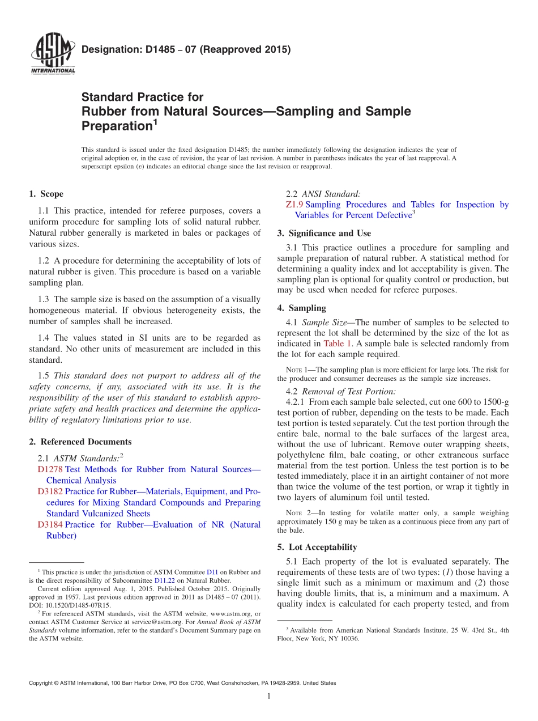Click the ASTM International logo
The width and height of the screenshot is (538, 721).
[52, 54]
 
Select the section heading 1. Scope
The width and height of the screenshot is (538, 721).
[46, 194]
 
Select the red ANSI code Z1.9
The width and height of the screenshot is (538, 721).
[295, 205]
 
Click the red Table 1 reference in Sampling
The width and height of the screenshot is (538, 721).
[338, 343]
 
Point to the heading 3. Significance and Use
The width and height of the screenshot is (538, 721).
[324, 233]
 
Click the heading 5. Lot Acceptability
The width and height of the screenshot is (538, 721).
[317, 547]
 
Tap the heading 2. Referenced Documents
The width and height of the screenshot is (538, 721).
[80, 442]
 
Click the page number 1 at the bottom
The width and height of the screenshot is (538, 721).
[269, 696]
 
